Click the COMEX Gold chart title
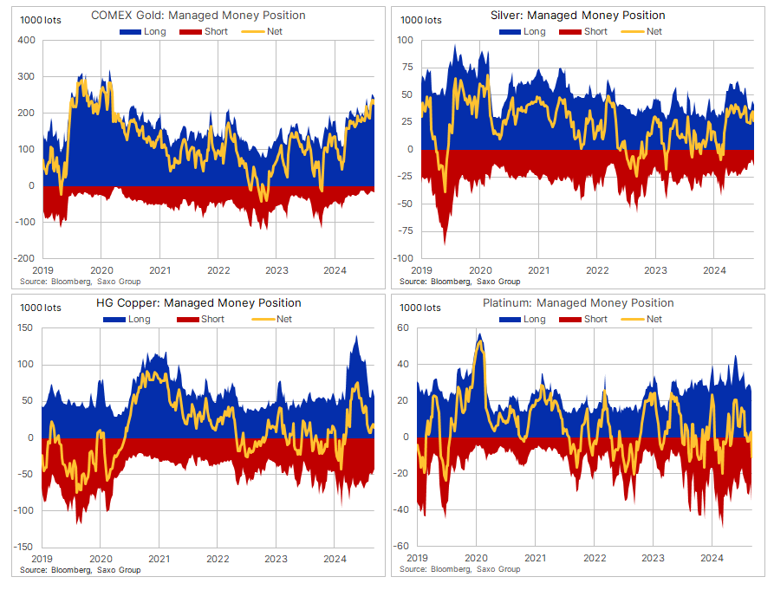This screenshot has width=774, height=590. coord(198,16)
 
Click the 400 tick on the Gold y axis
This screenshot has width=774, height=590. coord(25,41)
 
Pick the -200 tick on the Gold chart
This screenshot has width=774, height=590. coord(23,258)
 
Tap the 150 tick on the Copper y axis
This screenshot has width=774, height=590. coord(25,328)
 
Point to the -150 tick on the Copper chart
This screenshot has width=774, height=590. coord(23,547)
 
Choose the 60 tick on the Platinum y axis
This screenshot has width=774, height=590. coord(403,328)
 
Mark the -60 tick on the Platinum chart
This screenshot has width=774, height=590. coord(401,547)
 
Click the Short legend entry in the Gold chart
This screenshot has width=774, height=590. coord(211,31)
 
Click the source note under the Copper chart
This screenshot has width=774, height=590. coord(80,570)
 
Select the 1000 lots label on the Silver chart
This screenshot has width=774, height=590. coord(421,20)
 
